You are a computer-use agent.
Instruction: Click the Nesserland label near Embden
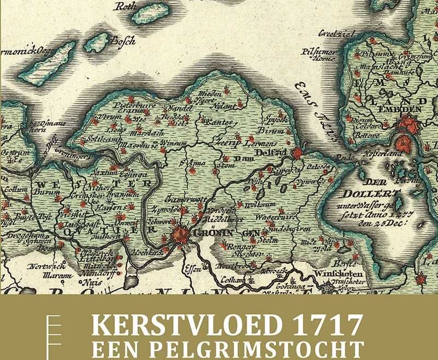click(x=382, y=154)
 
